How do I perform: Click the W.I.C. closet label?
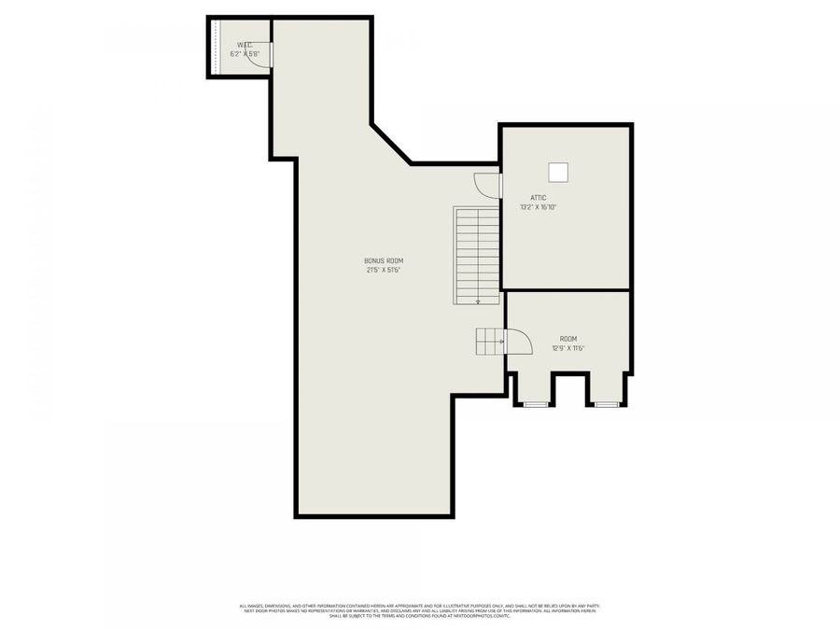[x=245, y=44]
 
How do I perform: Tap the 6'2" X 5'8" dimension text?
[x=244, y=54]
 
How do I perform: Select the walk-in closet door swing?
[x=261, y=56]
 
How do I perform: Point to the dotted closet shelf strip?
[x=215, y=47]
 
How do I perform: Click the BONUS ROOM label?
[x=384, y=260]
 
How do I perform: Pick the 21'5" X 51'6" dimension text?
[x=384, y=271]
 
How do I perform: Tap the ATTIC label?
[x=539, y=198]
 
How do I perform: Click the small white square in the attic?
[x=558, y=172]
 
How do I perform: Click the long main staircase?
[x=477, y=255]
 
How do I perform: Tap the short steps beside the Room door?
[x=490, y=342]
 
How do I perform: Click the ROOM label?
[x=568, y=338]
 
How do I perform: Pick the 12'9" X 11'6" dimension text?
[x=568, y=348]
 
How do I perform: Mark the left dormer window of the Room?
[x=534, y=404]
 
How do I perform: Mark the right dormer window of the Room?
[x=607, y=404]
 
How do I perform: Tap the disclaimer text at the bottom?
[x=420, y=609]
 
